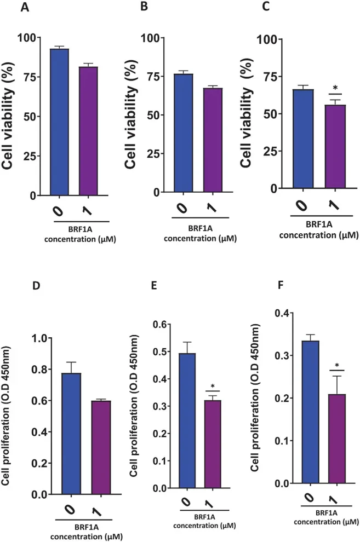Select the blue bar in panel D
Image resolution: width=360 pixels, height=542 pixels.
[x=72, y=433]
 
